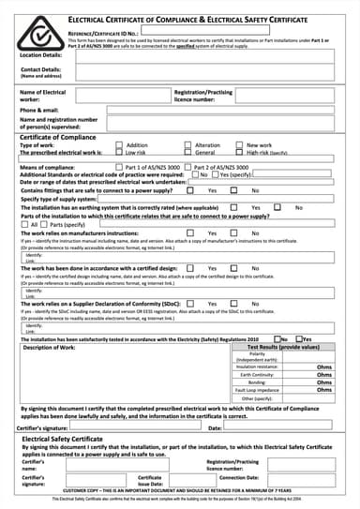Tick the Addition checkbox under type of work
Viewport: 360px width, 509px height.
pos(118,145)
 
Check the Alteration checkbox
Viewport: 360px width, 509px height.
pos(187,145)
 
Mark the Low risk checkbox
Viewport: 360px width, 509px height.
pos(118,152)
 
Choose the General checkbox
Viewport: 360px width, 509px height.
pos(187,152)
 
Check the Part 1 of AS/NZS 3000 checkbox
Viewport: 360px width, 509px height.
pos(118,166)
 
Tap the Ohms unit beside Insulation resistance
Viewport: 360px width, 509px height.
pos(324,367)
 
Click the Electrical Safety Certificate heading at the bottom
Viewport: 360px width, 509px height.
pos(62,439)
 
